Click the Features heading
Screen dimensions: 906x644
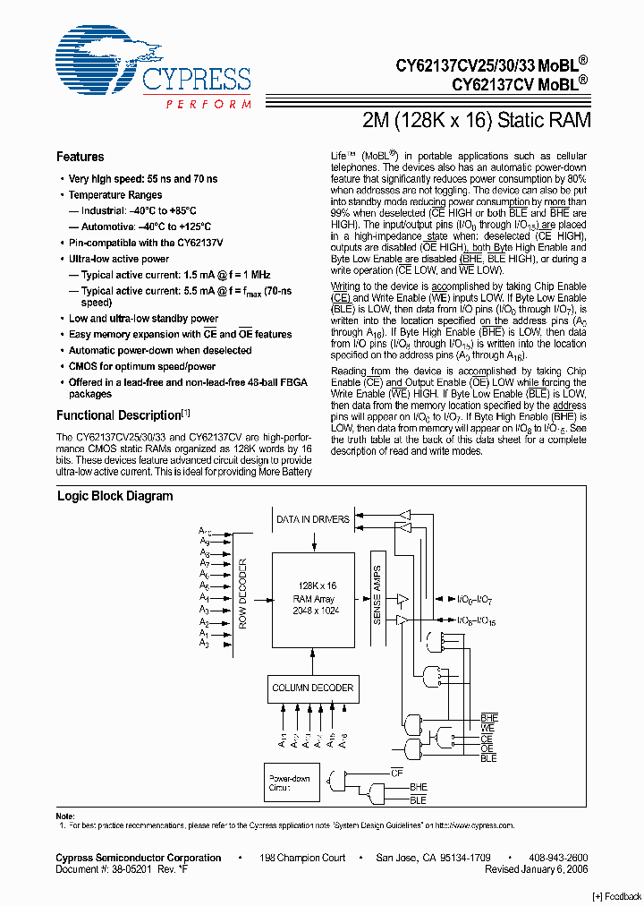[80, 157]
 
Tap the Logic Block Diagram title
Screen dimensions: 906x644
[114, 496]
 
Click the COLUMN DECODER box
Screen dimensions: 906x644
[312, 688]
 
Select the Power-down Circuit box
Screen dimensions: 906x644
[290, 784]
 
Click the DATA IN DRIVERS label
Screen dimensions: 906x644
[312, 519]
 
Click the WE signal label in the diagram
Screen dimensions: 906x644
[487, 729]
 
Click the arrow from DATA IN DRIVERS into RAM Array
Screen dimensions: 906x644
[312, 542]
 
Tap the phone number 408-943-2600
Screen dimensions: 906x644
[559, 858]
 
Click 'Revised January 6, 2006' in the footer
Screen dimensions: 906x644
[536, 869]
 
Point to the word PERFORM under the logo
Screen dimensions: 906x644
[208, 105]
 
